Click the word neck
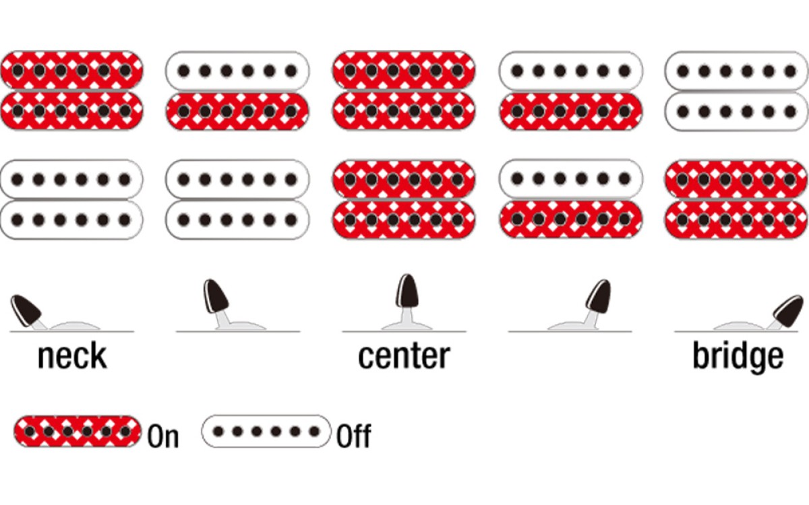pyautogui.click(x=73, y=356)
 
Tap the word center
pyautogui.click(x=404, y=356)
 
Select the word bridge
pyautogui.click(x=738, y=356)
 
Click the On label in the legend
pyautogui.click(x=163, y=436)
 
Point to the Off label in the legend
pyautogui.click(x=353, y=436)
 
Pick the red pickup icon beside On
pyautogui.click(x=78, y=432)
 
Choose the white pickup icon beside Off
pyautogui.click(x=266, y=431)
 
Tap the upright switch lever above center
pyautogui.click(x=407, y=301)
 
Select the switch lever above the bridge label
pyautogui.click(x=787, y=311)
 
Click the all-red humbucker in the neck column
pyautogui.click(x=71, y=90)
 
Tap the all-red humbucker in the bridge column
pyautogui.click(x=736, y=199)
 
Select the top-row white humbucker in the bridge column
pyautogui.click(x=736, y=91)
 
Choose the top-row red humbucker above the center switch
pyautogui.click(x=404, y=90)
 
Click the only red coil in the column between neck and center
pyautogui.click(x=237, y=111)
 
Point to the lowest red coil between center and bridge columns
pyautogui.click(x=570, y=219)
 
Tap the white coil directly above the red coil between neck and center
pyautogui.click(x=237, y=71)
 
